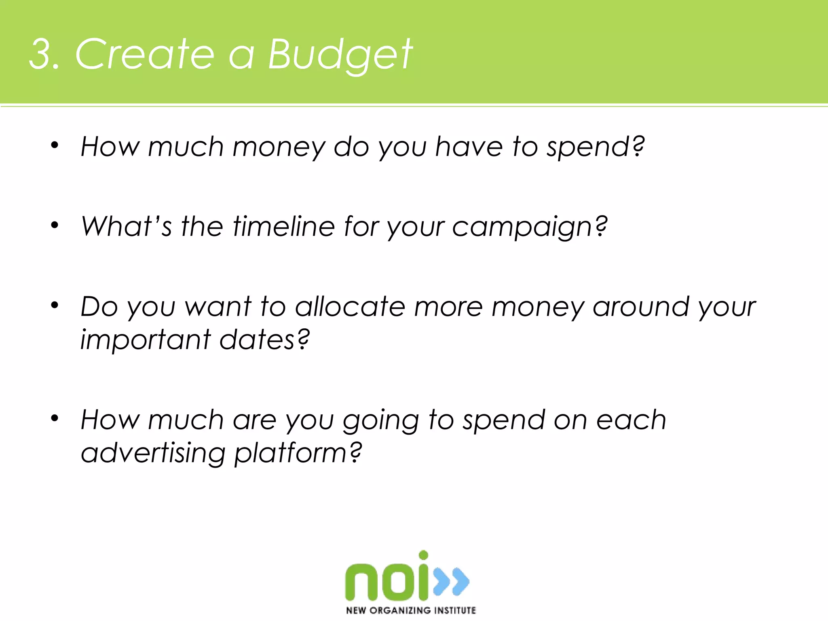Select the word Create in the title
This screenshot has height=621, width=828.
(144, 54)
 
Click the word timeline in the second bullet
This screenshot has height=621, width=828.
(283, 226)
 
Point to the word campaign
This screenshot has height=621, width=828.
(528, 227)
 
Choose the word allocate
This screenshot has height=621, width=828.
(350, 306)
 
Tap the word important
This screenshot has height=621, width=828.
(145, 339)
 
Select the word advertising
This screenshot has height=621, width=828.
(152, 452)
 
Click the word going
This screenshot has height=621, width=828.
(380, 420)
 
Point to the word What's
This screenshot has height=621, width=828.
(126, 226)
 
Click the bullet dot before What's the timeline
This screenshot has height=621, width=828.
(55, 225)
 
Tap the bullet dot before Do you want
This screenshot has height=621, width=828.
(55, 305)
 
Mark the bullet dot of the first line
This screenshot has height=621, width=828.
(55, 145)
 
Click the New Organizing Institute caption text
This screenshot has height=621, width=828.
(411, 610)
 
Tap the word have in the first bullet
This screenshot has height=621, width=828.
(469, 146)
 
